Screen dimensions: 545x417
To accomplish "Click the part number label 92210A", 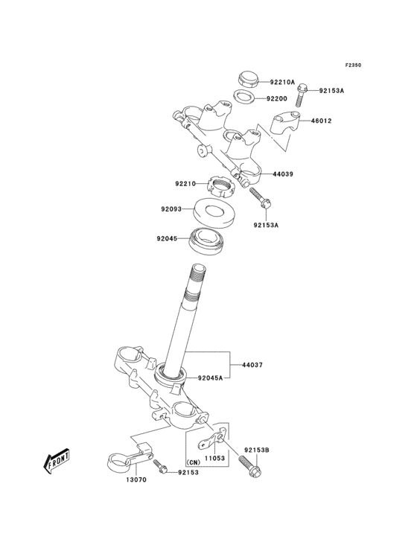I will pyautogui.click(x=282, y=82).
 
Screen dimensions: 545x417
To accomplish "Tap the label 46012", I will pyautogui.click(x=321, y=120).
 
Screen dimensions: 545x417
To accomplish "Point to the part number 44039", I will pyautogui.click(x=282, y=173).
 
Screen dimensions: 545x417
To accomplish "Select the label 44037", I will pyautogui.click(x=252, y=366).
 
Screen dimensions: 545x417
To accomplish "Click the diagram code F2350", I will pyautogui.click(x=352, y=65).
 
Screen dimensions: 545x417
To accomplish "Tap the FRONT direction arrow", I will pyautogui.click(x=57, y=462).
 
